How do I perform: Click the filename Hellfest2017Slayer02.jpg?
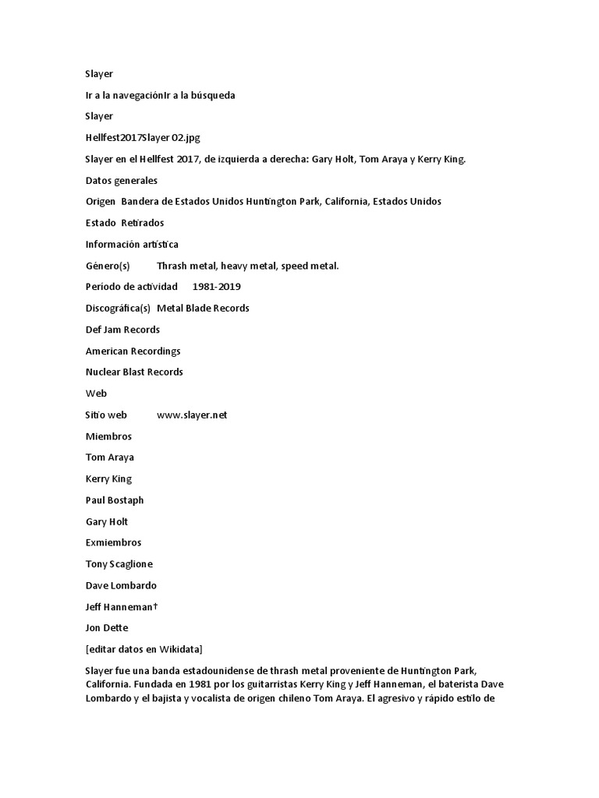pos(143,138)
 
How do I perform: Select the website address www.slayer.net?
pos(192,415)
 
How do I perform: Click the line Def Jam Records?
pos(122,330)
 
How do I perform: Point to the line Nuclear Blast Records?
pos(134,373)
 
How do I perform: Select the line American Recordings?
pos(133,351)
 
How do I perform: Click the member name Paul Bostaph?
pos(115,500)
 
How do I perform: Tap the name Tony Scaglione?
pos(119,564)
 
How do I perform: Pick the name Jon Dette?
pos(107,628)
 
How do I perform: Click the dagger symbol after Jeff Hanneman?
pos(156,606)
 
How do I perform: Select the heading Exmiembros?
pos(113,543)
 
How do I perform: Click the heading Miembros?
pos(108,436)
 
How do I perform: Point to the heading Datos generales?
pos(121,181)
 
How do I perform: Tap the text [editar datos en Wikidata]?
pos(144,649)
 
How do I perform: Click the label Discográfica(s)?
pos(118,309)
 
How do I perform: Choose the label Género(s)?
pos(108,266)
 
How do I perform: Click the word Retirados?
pos(143,223)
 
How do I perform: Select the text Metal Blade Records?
pos(203,309)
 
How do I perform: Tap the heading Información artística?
pos(132,245)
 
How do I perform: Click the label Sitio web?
pos(106,415)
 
